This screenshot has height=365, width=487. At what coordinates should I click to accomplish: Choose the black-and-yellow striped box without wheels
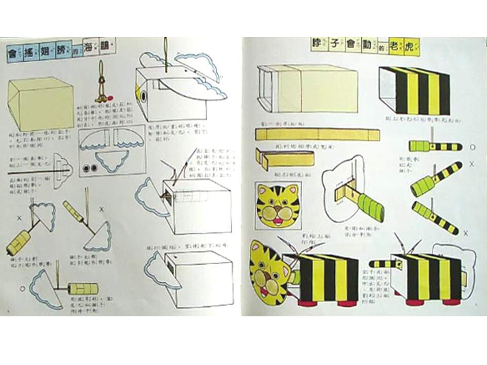[x=415, y=91]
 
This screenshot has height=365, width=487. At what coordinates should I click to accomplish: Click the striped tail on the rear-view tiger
[x=381, y=263]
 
